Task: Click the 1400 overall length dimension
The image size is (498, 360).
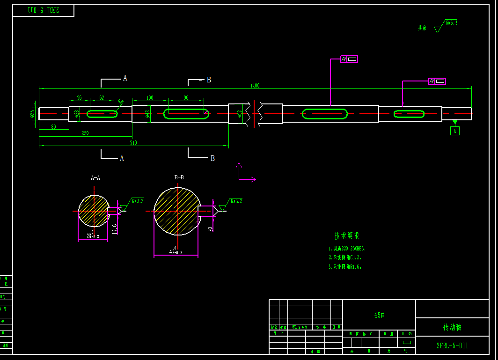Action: [x=255, y=86]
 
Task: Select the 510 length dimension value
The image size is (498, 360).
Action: [x=133, y=143]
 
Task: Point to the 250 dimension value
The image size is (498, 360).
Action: [x=85, y=133]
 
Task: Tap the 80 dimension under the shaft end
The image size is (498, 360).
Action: [x=53, y=127]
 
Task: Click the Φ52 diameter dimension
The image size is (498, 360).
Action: [x=240, y=114]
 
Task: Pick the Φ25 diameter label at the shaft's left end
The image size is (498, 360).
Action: [x=32, y=113]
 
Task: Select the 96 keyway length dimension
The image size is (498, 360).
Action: [x=186, y=98]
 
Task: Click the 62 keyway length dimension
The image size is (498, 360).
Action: [x=102, y=98]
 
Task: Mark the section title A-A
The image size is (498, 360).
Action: [x=95, y=178]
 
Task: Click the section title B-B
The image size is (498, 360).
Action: [x=179, y=177]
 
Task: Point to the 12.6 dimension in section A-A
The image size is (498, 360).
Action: [x=115, y=228]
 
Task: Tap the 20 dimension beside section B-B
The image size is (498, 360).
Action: [x=210, y=228]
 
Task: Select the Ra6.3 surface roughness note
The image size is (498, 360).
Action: [x=452, y=22]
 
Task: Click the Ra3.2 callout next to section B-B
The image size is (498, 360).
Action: [x=236, y=201]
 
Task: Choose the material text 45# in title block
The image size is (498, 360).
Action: [x=379, y=316]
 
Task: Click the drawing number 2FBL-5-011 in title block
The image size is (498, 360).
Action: [x=452, y=346]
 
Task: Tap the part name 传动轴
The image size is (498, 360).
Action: [x=452, y=327]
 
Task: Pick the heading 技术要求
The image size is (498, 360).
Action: [x=347, y=236]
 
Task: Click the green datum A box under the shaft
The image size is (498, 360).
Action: [x=454, y=131]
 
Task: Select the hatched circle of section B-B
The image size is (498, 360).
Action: [x=177, y=211]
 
